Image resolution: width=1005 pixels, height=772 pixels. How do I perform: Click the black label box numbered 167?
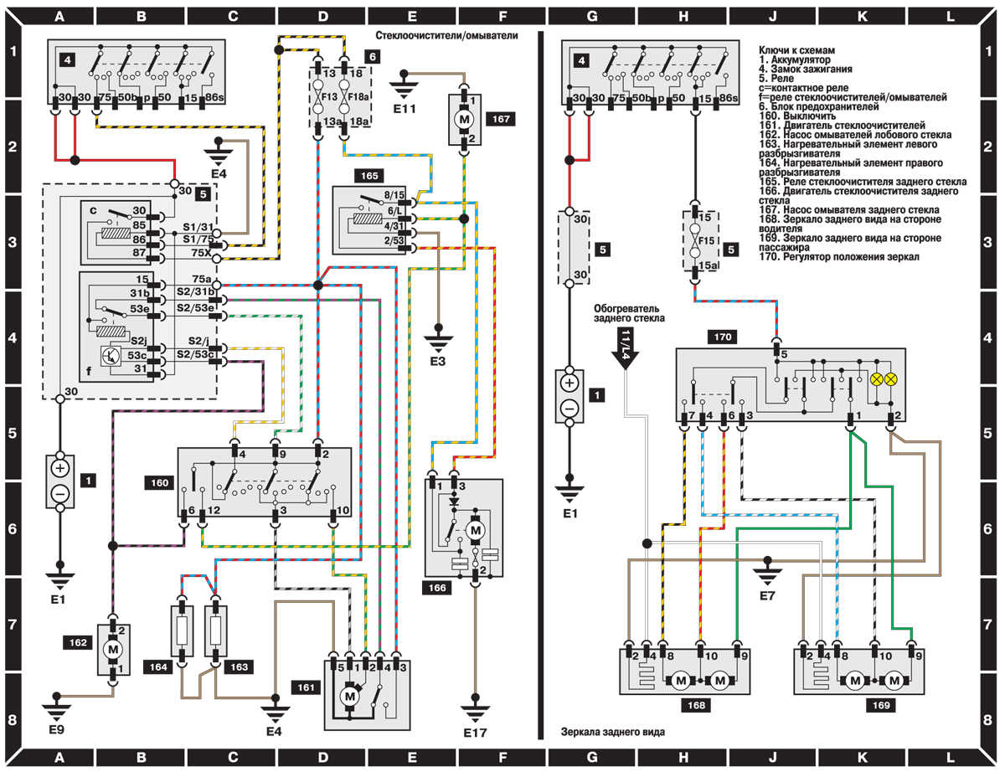coord(501,119)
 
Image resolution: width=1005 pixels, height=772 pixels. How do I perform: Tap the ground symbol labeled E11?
coord(404,87)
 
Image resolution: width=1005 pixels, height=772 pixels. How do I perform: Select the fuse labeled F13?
coord(318,96)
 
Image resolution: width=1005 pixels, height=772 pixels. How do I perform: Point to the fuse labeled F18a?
coord(344,96)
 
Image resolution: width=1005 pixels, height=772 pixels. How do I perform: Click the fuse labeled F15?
coord(694,240)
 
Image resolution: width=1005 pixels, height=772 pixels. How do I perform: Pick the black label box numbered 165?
coord(369,176)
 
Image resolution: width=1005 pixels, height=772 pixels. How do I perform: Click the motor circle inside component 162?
coord(113,650)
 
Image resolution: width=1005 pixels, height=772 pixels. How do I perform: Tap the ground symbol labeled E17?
coord(475,708)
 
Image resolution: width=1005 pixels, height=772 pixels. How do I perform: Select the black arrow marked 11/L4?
coord(625,348)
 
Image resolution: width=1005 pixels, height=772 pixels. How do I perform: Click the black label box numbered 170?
coord(723,337)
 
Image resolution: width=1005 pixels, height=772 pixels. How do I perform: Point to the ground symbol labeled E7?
coord(767,571)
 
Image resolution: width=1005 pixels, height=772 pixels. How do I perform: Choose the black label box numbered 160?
coord(160,483)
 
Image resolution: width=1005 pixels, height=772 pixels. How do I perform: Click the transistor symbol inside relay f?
coord(111,356)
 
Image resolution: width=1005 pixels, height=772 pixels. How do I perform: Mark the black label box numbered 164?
coord(158,667)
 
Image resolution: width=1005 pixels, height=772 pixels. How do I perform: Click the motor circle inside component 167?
coord(464,119)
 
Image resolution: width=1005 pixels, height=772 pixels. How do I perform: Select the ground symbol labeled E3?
coord(439,339)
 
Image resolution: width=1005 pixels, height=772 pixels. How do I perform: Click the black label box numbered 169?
coord(881,705)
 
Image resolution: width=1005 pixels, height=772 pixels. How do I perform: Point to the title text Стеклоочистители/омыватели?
coord(446,36)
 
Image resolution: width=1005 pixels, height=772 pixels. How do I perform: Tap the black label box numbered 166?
coord(437,588)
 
